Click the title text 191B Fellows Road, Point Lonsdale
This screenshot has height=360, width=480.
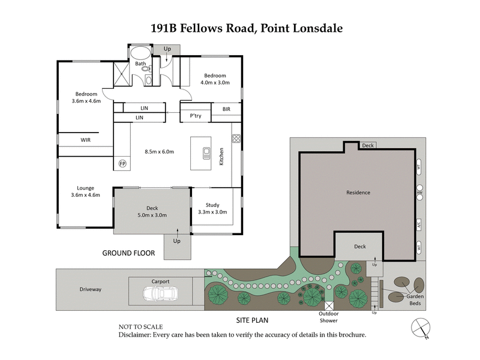click(239, 28)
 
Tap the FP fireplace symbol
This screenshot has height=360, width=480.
click(122, 163)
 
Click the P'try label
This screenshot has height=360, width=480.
click(196, 115)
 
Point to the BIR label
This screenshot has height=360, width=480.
click(226, 109)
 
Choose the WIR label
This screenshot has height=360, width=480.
click(86, 140)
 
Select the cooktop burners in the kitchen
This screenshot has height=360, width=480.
click(236, 138)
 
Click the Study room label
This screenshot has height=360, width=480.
click(212, 205)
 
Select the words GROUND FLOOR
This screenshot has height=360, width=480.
click(128, 253)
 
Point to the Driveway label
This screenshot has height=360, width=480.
click(91, 289)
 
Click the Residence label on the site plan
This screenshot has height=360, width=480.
click(358, 193)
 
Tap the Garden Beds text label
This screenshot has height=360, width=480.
click(415, 300)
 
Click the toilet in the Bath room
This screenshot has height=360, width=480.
click(146, 69)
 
